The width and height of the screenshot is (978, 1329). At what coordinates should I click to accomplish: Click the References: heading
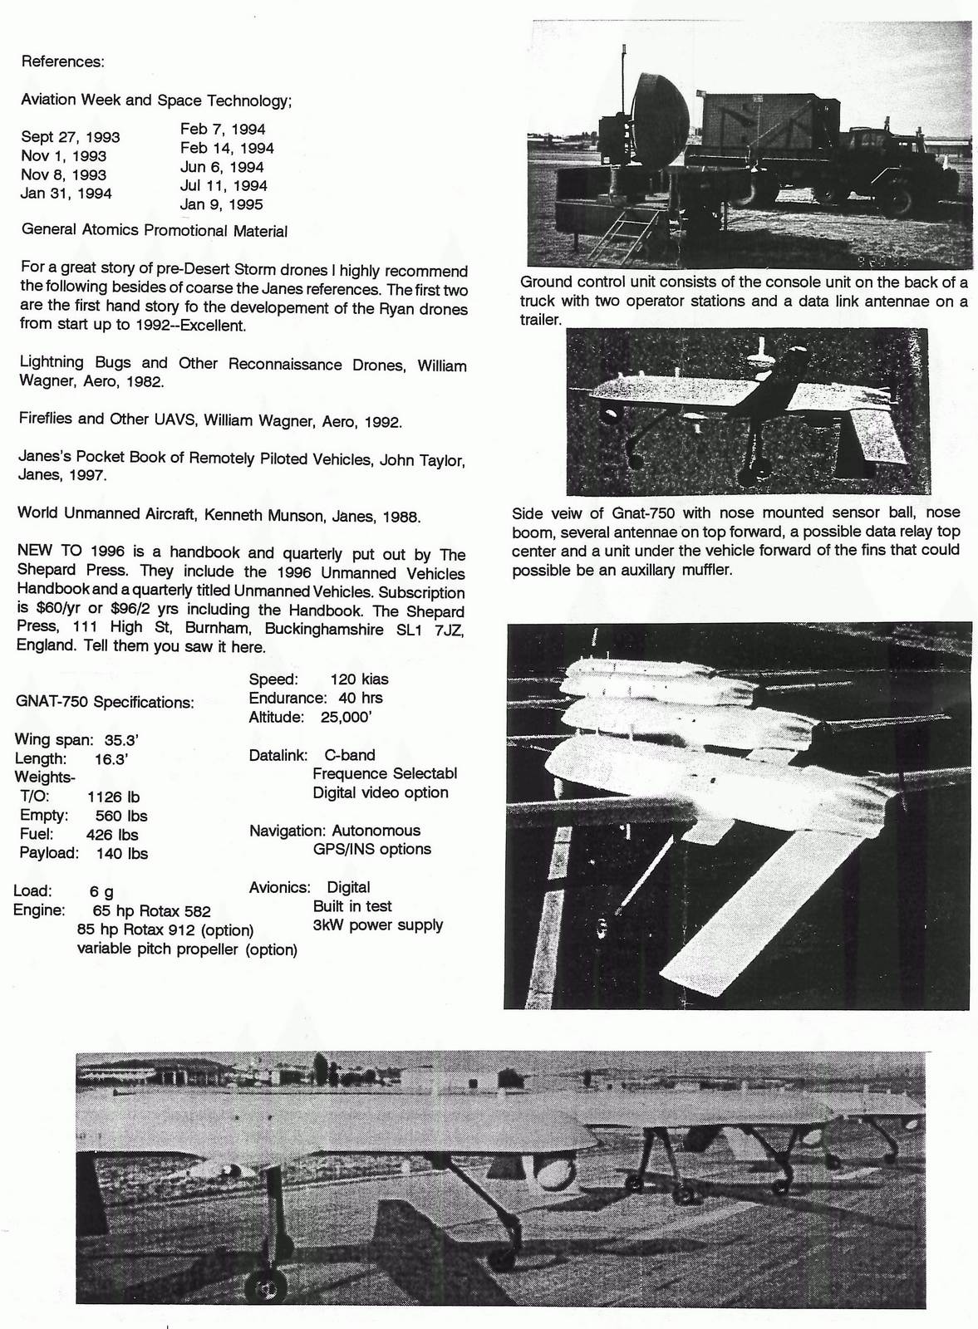[x=62, y=61]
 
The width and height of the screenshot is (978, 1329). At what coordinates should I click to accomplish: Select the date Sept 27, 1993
[x=71, y=137]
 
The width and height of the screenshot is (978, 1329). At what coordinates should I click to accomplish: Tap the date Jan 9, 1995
[x=222, y=204]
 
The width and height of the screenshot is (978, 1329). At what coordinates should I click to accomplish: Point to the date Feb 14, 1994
[x=227, y=148]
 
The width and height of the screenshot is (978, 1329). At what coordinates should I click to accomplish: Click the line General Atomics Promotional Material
[x=155, y=231]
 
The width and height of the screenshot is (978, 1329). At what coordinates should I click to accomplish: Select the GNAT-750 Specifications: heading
[x=105, y=702]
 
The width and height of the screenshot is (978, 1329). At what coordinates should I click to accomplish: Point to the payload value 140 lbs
[x=122, y=853]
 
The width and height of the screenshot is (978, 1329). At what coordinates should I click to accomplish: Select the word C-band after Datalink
[x=350, y=755]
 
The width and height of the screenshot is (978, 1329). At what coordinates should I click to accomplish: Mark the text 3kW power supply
[x=378, y=924]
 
